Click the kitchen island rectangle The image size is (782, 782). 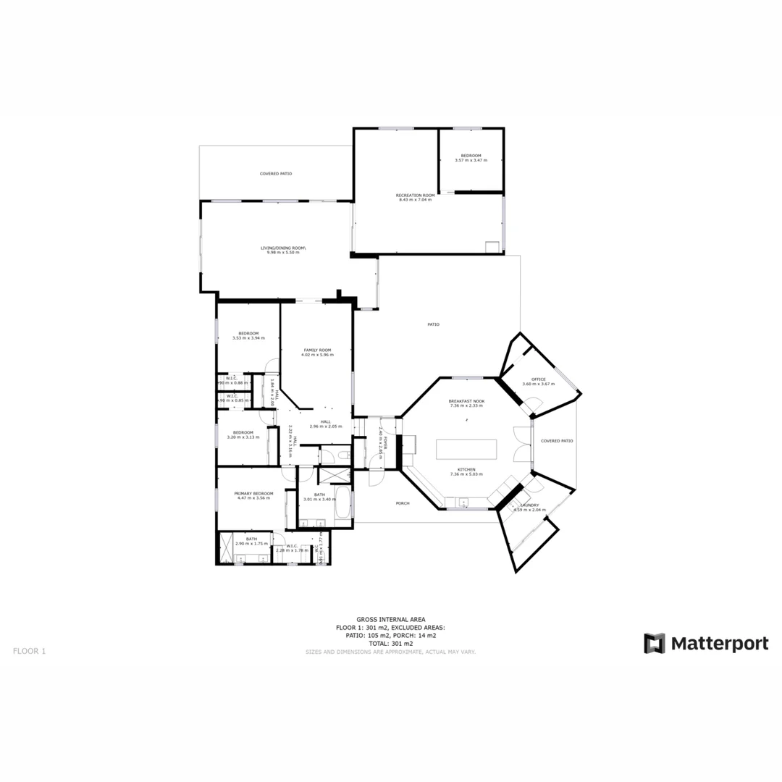coord(466,449)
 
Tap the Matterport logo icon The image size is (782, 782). coord(655,643)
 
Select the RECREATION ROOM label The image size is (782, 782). coord(415,195)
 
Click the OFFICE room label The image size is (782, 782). coord(538,379)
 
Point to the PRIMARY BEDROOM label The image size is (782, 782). coord(253,494)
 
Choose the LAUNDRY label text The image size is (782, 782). coord(529,505)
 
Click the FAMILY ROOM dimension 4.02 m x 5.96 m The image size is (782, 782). coord(317,355)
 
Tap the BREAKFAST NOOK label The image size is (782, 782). coord(466,401)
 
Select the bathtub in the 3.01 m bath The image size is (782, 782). coord(343,505)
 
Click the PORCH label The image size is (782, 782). coord(403,503)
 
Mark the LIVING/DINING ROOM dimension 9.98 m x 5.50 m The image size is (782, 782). coord(283,252)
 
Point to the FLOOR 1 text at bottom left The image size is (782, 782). coord(29,651)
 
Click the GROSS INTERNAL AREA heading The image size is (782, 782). coord(390,620)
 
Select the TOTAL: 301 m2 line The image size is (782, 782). coord(390,643)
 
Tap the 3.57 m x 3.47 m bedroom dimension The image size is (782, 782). coord(471,160)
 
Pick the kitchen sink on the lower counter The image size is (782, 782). coord(462,502)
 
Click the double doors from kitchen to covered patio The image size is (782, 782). coord(521,443)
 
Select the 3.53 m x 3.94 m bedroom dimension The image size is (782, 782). coord(248,338)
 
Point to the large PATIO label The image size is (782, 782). coord(433,324)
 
